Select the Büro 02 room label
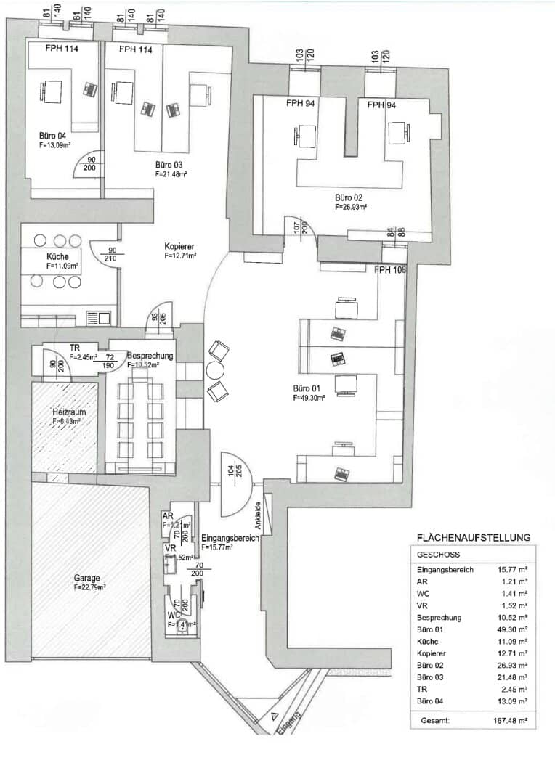pos(349,197)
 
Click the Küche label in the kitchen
pos(59,257)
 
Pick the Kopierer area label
pos(179,247)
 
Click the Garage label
pos(86,579)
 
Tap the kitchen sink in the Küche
pos(97,317)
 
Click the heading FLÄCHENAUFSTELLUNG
pos(473,538)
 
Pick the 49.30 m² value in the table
pos(512,629)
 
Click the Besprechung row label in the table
pos(438,617)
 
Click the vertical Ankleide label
pos(257,516)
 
